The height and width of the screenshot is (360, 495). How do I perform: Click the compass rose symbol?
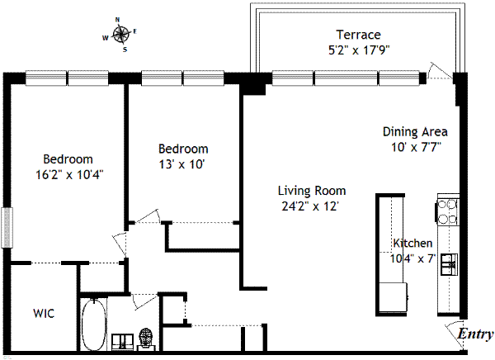click(x=121, y=34)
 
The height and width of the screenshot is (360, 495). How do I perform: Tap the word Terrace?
click(x=358, y=35)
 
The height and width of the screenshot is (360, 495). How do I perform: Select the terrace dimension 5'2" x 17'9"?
click(x=359, y=50)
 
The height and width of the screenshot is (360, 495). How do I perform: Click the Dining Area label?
click(x=415, y=131)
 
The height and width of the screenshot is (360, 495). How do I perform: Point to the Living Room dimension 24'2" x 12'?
click(x=310, y=206)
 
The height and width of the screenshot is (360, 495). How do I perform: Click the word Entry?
click(x=475, y=334)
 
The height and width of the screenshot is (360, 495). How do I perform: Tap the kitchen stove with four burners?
click(x=448, y=211)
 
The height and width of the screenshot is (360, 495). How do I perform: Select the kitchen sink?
click(x=450, y=264)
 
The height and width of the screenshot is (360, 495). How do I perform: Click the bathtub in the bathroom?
click(x=94, y=324)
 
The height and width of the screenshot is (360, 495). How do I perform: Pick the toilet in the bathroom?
click(x=146, y=339)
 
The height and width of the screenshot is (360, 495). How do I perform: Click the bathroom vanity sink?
click(x=123, y=342)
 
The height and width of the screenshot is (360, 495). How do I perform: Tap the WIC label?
click(x=44, y=314)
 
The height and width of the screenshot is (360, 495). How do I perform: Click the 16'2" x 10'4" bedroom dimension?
click(x=69, y=175)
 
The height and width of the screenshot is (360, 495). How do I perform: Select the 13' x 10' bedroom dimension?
click(x=181, y=164)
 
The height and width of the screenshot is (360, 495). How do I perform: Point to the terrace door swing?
click(x=439, y=71)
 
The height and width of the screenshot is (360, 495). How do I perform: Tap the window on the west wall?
click(x=7, y=228)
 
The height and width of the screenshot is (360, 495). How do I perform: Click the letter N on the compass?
click(x=117, y=20)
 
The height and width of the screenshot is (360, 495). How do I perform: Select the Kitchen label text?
click(x=412, y=243)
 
